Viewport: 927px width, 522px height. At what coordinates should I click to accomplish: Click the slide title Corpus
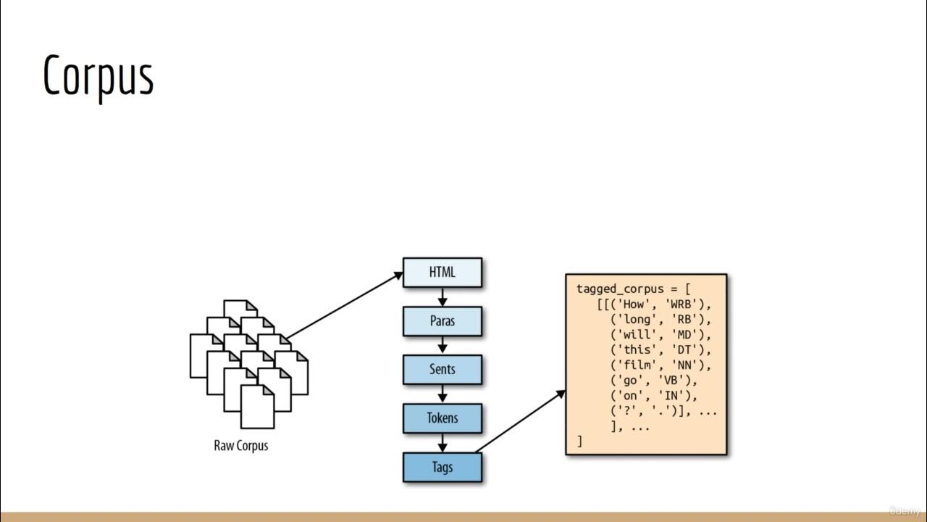(98, 75)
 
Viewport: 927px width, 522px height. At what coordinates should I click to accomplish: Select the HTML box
(442, 273)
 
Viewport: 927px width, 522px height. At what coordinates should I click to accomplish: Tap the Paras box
(442, 320)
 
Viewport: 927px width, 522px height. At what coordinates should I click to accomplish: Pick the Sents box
(442, 369)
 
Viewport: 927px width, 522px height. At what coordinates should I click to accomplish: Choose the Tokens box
(442, 418)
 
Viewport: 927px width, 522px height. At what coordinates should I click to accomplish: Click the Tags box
(442, 467)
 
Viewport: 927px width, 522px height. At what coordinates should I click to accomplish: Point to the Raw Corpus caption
(241, 445)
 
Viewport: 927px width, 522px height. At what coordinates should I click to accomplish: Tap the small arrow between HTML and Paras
(442, 297)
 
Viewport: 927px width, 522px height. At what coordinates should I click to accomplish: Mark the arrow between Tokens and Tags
(442, 442)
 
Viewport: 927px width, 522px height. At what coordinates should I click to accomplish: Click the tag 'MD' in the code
(684, 334)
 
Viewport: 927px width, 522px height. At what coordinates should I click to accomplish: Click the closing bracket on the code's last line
(579, 441)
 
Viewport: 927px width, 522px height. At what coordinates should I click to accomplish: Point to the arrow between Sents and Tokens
(442, 394)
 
